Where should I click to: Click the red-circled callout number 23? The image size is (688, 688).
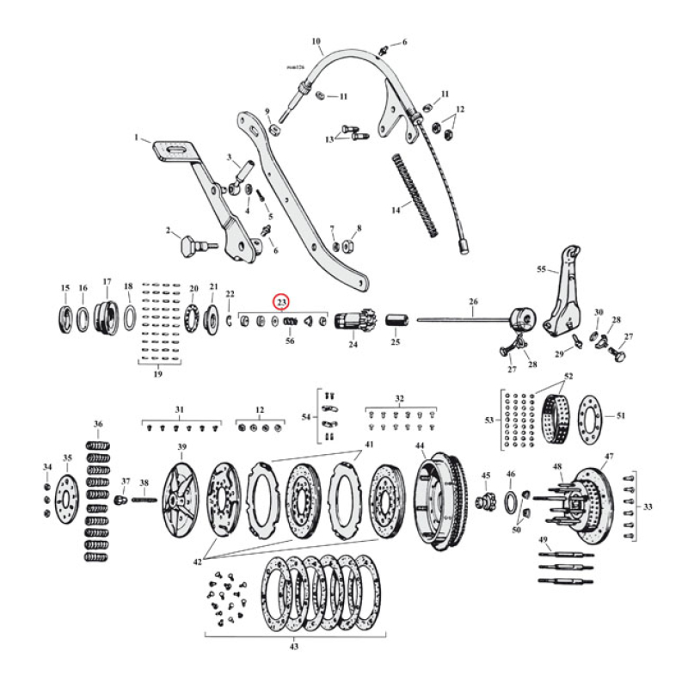coord(281,302)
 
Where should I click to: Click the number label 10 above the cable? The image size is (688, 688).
coord(316,40)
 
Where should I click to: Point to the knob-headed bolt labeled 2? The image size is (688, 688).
coord(187,246)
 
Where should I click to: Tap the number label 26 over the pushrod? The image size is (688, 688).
coord(472,301)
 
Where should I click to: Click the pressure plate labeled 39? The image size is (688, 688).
coord(182,498)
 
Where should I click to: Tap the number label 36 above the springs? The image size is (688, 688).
coord(98,424)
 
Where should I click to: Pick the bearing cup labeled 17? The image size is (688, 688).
coord(107,317)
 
